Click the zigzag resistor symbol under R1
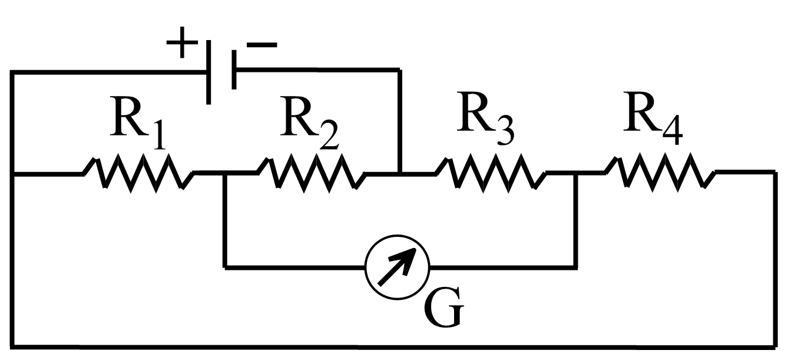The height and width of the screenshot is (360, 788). [x=139, y=173]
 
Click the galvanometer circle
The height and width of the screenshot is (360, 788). [x=397, y=268]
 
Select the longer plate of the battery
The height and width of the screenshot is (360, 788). [x=208, y=72]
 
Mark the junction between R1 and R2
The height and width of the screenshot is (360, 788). [x=224, y=173]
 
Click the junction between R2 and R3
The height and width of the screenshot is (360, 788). [x=400, y=173]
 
